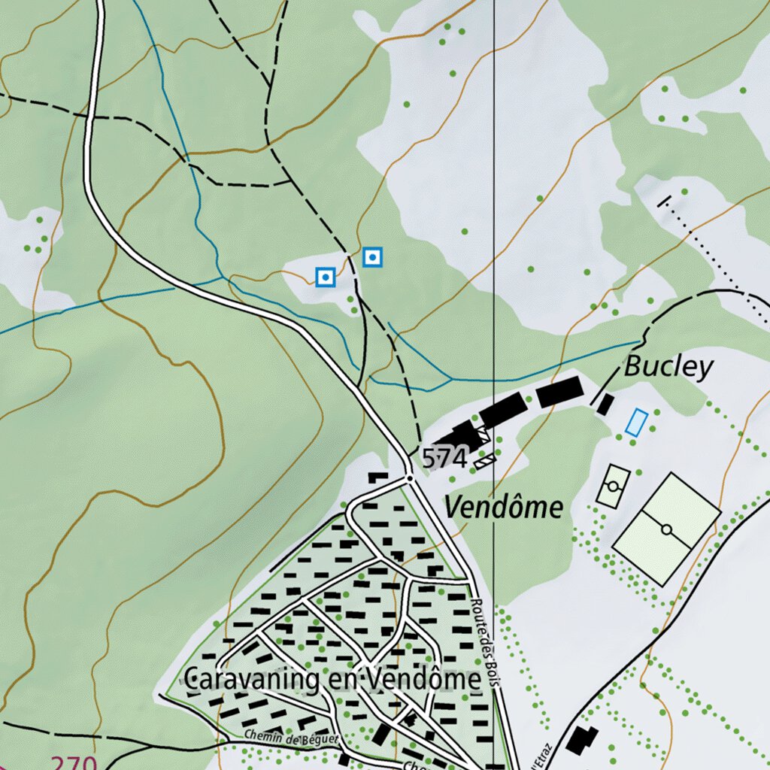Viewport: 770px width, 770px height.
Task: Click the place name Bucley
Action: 668,367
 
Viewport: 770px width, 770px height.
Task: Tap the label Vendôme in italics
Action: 503,508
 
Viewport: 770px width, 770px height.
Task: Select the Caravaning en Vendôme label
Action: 332,680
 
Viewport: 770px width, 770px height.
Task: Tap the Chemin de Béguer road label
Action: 291,739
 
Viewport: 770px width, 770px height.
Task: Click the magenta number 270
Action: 74,762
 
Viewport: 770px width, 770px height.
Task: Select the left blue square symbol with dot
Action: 325,277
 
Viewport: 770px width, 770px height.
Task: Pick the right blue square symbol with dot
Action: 373,258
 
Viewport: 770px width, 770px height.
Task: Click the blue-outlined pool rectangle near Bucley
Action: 636,423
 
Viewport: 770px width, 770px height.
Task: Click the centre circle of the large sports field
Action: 666,529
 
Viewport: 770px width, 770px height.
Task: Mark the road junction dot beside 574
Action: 409,477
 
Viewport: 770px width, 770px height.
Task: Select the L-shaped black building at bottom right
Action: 581,740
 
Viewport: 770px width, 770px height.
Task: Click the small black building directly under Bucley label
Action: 605,404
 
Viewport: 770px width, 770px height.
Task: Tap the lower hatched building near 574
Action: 485,460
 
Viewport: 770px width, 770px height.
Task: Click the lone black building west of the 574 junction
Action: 377,477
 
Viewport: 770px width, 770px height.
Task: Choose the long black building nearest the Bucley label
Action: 560,392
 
